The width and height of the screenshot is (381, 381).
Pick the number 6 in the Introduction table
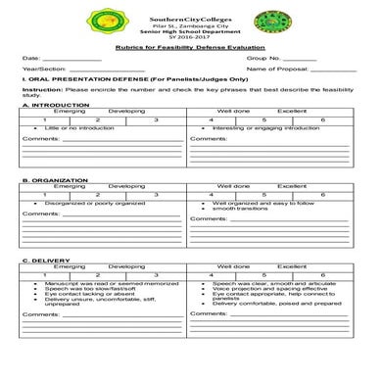point(322,119)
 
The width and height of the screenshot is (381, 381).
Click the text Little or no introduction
point(77,127)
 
